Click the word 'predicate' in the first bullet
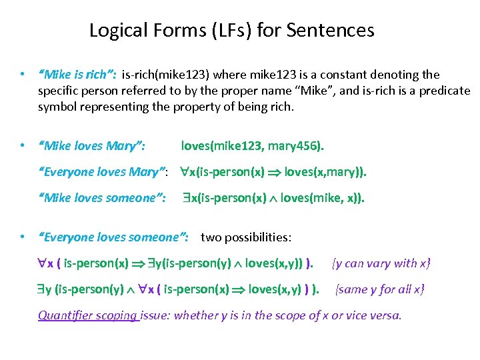437,90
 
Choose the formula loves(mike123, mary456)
253,145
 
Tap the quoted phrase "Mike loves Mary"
94,145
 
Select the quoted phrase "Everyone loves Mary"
103,173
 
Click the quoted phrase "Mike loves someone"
103,198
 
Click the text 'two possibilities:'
246,237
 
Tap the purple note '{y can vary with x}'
381,263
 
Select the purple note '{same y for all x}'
381,289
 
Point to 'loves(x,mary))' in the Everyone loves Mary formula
325,173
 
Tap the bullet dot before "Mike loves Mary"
23,145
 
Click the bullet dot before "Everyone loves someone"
23,237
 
